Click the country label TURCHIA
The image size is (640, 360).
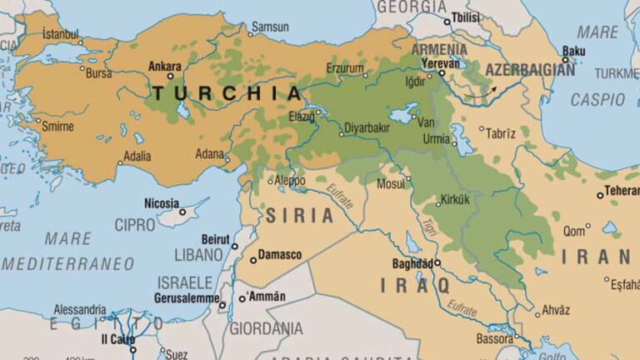coord(225,92)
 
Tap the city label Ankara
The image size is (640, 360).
coord(164,65)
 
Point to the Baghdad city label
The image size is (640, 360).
coord(412,264)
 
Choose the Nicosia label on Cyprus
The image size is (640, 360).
coord(160,202)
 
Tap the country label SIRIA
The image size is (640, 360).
coord(299,215)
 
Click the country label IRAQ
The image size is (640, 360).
coord(415,285)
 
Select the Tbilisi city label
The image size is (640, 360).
coord(466,18)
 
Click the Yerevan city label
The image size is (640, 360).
coord(440,63)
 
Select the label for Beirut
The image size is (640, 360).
coord(215,238)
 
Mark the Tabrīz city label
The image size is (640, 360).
coord(501,133)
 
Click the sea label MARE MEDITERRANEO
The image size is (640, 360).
coord(68,251)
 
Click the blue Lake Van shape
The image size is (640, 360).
coord(402,115)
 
